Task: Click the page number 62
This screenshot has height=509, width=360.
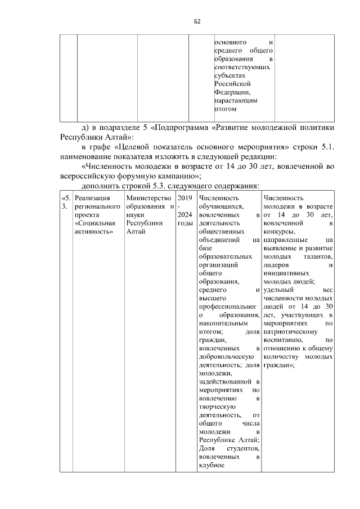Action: click(x=197, y=21)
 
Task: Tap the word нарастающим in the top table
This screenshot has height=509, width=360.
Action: click(x=236, y=100)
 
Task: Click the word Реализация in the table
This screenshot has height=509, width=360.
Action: click(x=92, y=198)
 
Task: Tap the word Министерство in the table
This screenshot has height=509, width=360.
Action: click(x=148, y=198)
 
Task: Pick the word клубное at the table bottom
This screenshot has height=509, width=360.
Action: click(x=212, y=465)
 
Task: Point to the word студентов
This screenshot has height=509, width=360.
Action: click(x=242, y=448)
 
